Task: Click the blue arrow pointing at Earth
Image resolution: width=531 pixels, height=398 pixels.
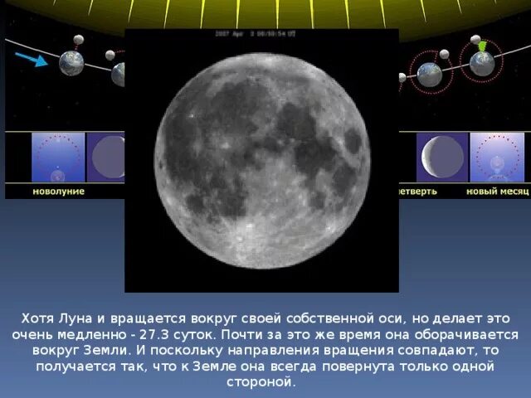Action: (x=31, y=59)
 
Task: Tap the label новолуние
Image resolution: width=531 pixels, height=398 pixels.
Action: (x=58, y=191)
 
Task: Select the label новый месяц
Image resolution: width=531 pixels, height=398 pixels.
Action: (x=497, y=191)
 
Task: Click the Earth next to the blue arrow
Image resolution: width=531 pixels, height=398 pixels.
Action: (x=71, y=64)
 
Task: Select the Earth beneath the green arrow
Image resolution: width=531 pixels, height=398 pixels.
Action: (x=481, y=64)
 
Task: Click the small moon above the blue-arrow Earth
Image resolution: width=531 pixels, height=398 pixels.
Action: (x=79, y=39)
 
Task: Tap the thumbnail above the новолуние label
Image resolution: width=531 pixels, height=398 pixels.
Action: (x=58, y=157)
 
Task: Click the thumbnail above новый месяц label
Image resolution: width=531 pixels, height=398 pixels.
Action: (x=497, y=157)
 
